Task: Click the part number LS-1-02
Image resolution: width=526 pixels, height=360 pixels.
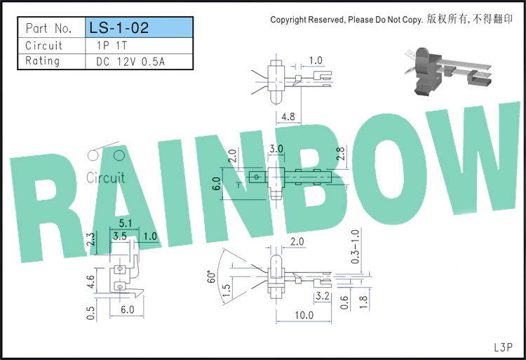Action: [119, 27]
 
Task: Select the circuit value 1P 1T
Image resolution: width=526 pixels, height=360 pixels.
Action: [112, 46]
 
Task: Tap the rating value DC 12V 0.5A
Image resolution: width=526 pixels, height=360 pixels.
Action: [130, 62]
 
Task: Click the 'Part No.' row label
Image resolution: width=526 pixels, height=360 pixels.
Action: [48, 28]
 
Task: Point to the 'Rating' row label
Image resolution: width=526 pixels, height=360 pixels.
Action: [43, 61]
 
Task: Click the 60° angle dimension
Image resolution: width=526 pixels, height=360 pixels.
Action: [211, 276]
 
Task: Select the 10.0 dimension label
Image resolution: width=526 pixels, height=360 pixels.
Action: [304, 315]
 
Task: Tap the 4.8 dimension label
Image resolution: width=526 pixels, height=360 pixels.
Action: [288, 116]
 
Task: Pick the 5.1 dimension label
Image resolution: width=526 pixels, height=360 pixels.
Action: [126, 222]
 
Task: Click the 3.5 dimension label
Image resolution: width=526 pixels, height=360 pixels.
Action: [120, 236]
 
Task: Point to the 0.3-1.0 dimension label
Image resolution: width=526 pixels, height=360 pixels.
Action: [356, 246]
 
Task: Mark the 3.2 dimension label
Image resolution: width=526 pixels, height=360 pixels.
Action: [323, 295]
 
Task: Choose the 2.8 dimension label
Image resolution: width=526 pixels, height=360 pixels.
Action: [340, 154]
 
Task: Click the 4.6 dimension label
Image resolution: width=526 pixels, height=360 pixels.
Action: [90, 282]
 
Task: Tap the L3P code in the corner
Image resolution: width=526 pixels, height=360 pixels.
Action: [503, 347]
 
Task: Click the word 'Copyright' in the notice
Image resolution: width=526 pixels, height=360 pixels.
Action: [288, 20]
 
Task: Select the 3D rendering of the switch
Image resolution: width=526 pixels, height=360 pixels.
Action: [448, 71]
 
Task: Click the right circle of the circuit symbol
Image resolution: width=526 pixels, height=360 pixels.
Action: [119, 155]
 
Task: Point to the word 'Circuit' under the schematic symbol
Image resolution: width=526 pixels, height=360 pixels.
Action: [105, 178]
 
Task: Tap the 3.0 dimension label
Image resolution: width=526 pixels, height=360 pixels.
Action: [276, 148]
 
